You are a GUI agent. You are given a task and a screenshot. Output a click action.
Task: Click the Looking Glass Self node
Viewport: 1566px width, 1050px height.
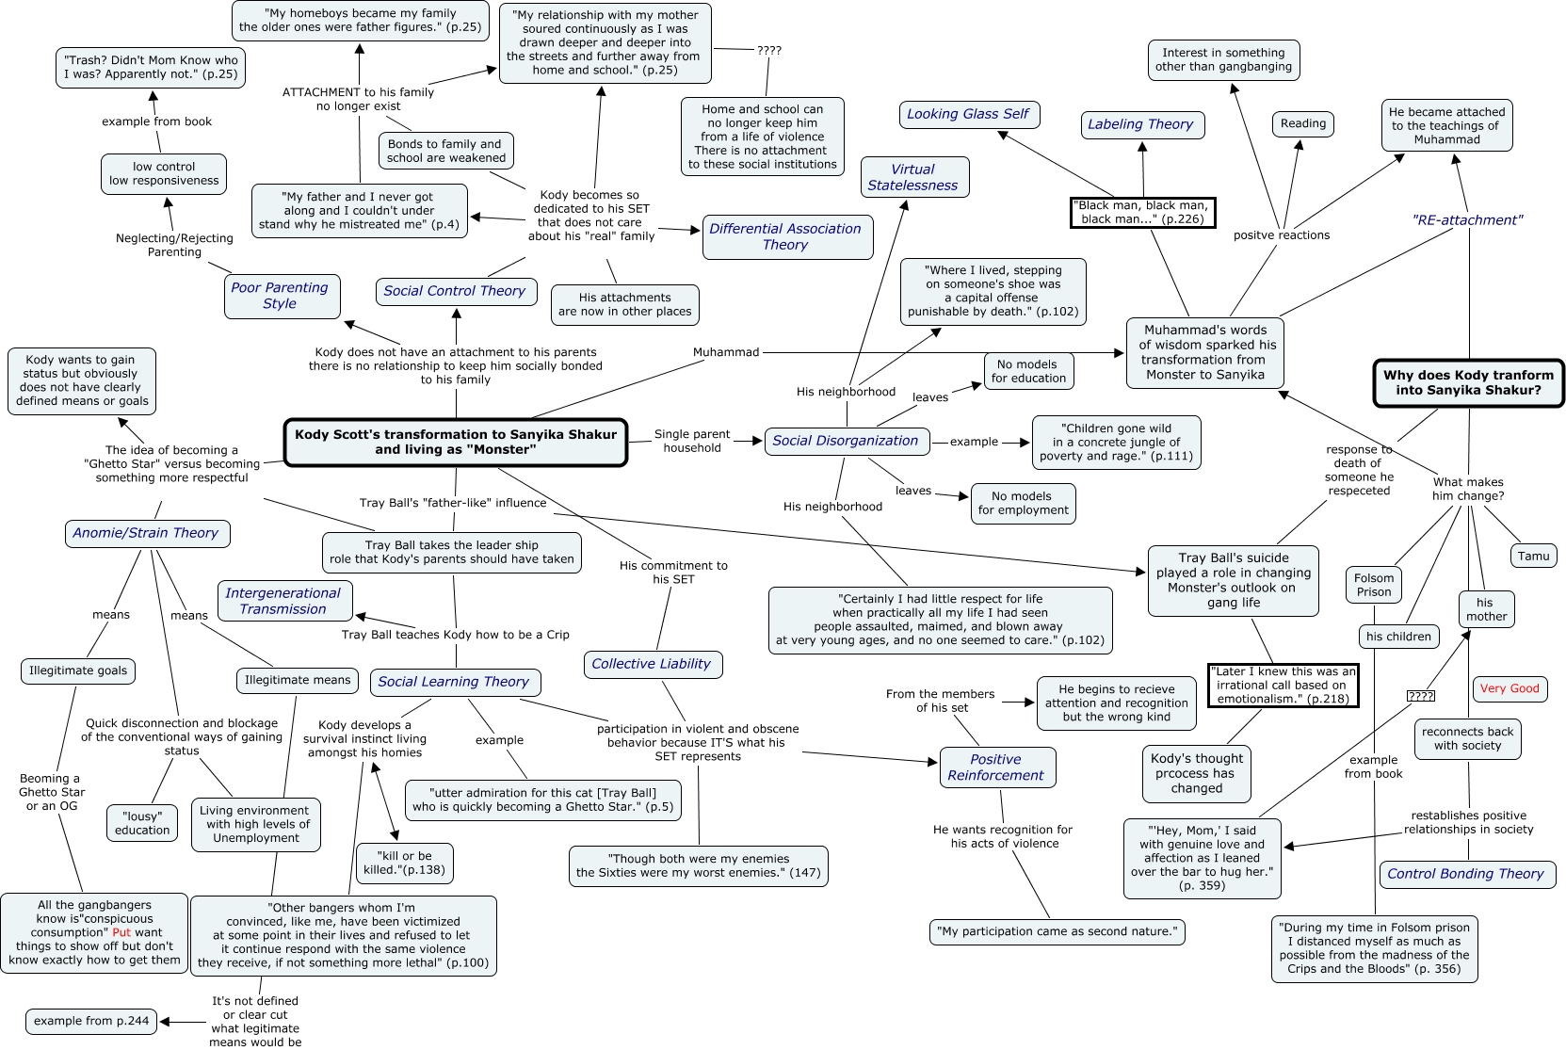[968, 115]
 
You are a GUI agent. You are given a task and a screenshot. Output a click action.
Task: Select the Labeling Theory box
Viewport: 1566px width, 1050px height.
[1140, 124]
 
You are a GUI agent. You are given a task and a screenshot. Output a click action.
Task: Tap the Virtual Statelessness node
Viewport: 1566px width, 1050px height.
[913, 177]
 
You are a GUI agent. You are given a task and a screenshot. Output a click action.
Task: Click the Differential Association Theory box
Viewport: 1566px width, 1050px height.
[785, 236]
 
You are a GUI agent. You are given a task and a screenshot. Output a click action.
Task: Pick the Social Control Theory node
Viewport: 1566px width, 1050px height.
[455, 291]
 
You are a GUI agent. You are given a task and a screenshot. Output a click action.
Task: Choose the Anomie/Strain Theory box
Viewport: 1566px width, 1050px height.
[146, 533]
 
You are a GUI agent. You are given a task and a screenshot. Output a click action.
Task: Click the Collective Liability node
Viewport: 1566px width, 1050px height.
[652, 664]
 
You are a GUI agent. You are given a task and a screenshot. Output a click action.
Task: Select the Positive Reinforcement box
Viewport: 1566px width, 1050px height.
[996, 767]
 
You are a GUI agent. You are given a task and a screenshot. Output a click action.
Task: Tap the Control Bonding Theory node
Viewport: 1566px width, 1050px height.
[1465, 874]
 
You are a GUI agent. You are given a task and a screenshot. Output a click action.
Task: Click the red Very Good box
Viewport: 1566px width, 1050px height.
[1509, 688]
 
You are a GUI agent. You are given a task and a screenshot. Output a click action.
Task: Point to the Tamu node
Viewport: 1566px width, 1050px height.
[1533, 556]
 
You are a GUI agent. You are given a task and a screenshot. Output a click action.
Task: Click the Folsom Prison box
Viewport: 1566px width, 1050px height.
[1374, 585]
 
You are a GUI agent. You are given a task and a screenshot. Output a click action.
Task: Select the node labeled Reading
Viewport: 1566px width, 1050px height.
[1303, 123]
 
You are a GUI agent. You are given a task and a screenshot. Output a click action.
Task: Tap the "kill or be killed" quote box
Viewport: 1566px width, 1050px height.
[404, 863]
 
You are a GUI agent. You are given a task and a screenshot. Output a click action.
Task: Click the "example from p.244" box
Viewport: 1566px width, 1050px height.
[91, 1021]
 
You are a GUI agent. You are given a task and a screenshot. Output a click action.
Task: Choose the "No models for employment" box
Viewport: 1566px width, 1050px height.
[1024, 503]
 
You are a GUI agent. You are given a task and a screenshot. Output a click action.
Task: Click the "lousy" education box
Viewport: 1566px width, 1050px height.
[142, 823]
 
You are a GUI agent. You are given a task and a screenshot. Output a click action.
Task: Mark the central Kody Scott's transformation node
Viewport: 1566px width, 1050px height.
[456, 442]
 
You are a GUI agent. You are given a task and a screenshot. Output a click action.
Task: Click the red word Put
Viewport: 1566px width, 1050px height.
[121, 932]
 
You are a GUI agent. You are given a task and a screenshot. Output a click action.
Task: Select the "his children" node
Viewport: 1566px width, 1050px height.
[1398, 637]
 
